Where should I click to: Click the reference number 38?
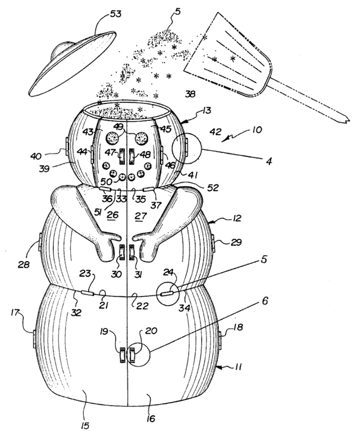pos(190,93)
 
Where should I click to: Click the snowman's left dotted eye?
pos(112,138)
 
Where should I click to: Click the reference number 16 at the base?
pos(151,418)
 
